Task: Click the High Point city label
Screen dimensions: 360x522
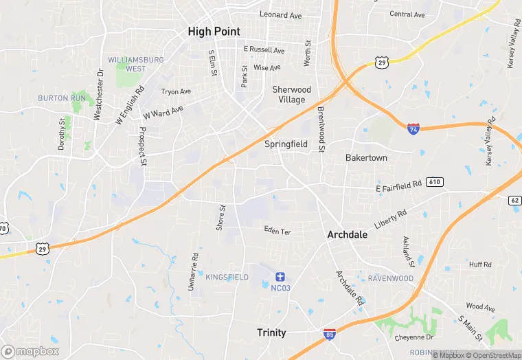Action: (214, 31)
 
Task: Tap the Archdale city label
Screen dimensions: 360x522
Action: (347, 234)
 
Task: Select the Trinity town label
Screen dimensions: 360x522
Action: (271, 333)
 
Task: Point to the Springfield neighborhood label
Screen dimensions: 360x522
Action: (286, 144)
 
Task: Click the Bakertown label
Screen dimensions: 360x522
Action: (366, 158)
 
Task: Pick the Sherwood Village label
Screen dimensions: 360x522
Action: (291, 94)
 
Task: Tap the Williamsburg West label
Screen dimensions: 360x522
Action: (135, 64)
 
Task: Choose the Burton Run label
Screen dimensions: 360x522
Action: (62, 98)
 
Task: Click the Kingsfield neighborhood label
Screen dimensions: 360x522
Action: (227, 277)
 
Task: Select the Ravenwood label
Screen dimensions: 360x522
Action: (390, 278)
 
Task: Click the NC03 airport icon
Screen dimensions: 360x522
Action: (280, 276)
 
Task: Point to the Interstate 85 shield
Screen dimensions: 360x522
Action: (330, 334)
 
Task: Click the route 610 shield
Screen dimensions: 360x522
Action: (433, 182)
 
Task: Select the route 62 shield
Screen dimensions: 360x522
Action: (515, 201)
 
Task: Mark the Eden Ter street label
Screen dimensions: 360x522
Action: (277, 232)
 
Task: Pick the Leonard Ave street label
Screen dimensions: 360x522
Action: (280, 14)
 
